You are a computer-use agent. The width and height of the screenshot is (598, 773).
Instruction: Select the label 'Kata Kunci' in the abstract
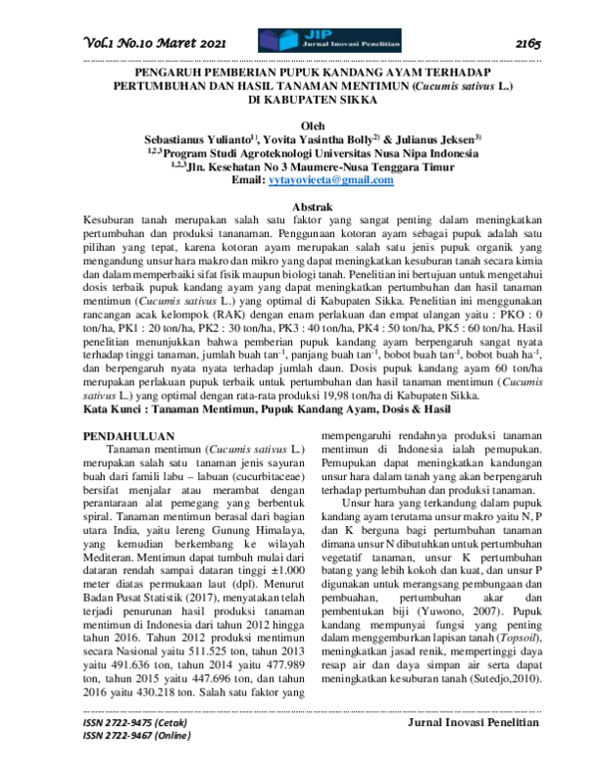(112, 409)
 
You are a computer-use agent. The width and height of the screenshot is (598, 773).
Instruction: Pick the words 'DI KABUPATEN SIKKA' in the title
(300, 102)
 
